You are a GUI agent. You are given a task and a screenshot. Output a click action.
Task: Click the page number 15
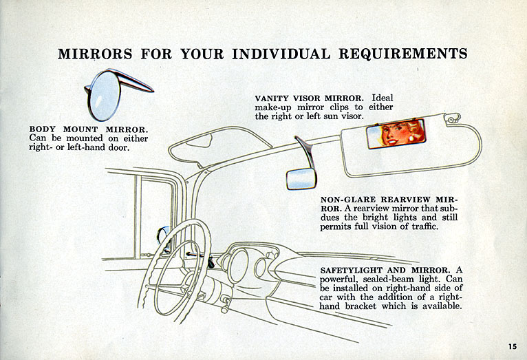[513, 346]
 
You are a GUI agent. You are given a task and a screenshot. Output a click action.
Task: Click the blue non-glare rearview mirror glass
[301, 178]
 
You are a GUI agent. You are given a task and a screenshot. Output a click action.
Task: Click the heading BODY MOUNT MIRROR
[89, 128]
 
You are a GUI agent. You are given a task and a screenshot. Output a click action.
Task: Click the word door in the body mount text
[119, 147]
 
